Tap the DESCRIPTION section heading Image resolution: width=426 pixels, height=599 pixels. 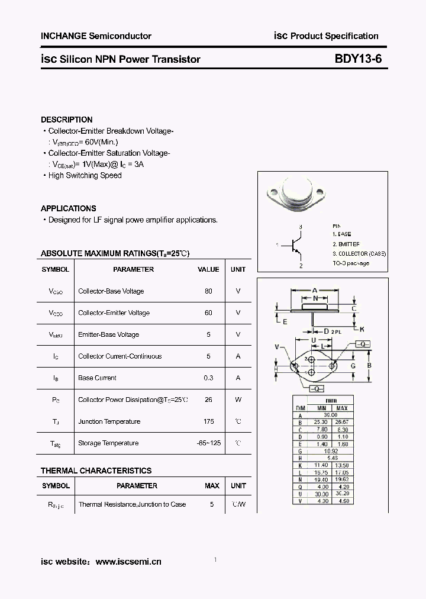point(67,120)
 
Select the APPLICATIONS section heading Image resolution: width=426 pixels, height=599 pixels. point(69,208)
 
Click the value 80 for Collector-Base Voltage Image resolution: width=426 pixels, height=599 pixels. point(208,291)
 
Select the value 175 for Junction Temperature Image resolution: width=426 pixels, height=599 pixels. point(208,421)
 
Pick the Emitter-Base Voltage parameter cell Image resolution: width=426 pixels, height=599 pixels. point(108,334)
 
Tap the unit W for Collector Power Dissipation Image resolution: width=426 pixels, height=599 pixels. point(238,400)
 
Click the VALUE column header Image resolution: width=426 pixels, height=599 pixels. point(208,269)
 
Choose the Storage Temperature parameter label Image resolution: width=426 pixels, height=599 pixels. point(108,443)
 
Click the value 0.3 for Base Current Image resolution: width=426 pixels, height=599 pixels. point(208,378)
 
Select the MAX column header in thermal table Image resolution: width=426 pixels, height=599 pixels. point(212,486)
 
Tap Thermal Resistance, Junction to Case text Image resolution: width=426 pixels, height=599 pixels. point(132,504)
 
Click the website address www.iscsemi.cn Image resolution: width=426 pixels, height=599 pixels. point(128,562)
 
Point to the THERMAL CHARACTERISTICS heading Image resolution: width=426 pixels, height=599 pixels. point(96,471)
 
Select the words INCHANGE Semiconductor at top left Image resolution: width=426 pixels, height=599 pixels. point(96,36)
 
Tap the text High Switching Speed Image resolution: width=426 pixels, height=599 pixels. point(85,175)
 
